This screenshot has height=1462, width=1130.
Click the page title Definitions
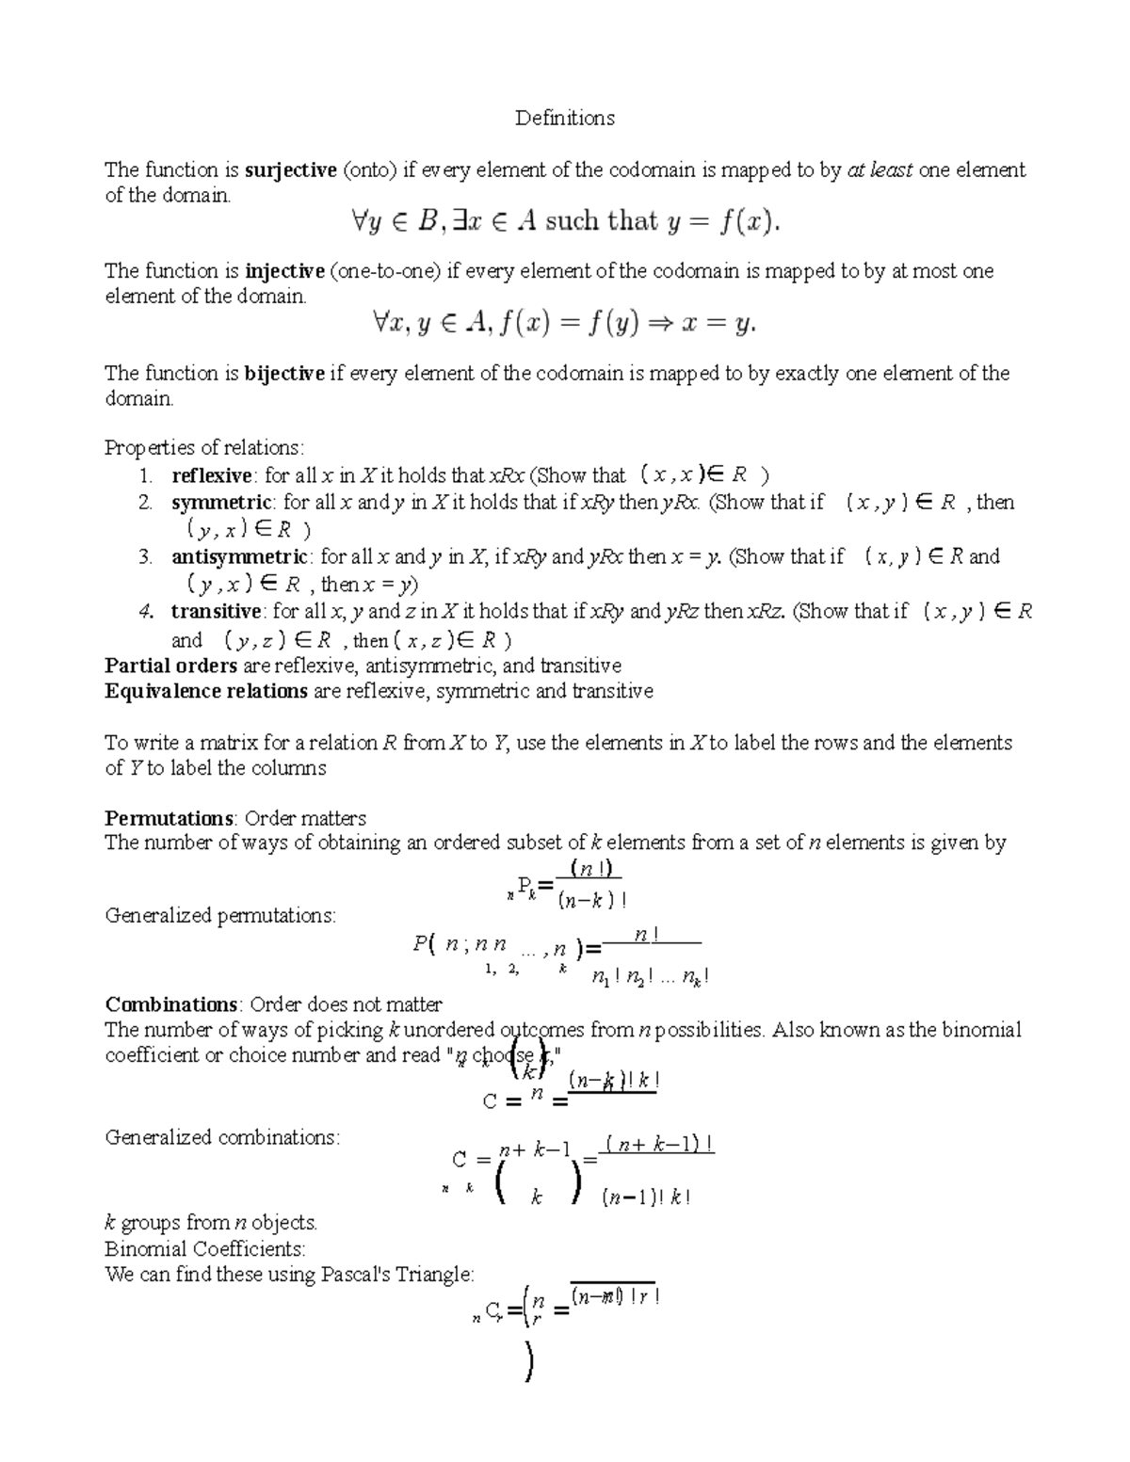coord(564,118)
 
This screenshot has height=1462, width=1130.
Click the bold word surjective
coord(290,170)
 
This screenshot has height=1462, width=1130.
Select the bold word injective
coord(284,271)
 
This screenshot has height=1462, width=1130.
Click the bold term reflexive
coord(211,475)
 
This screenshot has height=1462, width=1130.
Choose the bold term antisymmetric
coord(239,557)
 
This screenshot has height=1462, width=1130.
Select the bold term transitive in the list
coord(216,612)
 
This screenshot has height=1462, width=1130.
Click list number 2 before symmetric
coord(145,503)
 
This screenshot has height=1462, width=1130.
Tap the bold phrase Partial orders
coord(171,667)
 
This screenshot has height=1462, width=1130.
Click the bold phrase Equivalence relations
coord(206,692)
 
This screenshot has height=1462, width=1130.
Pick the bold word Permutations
coord(169,818)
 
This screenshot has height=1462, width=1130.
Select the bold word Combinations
coord(171,1004)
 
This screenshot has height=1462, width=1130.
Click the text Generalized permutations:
coord(220,915)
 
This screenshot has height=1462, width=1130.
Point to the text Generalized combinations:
coord(222,1137)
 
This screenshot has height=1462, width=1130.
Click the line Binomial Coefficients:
coord(205,1249)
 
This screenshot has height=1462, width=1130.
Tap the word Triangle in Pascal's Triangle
coord(436,1275)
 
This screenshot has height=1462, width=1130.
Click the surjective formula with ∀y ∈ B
coord(564,222)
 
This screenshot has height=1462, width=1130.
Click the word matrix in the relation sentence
coord(203,743)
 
